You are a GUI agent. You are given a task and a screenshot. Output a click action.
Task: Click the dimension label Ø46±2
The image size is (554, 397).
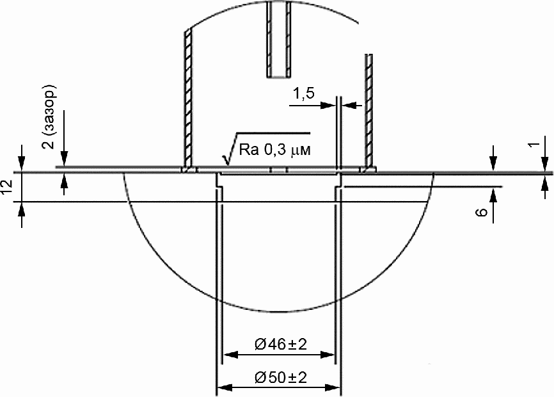[x=281, y=344]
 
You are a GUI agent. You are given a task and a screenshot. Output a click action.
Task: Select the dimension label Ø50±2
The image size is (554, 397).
[x=281, y=378]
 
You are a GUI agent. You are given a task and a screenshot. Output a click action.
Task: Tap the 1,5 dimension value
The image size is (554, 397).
[x=303, y=94]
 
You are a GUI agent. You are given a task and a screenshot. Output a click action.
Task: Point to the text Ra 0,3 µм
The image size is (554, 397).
[x=275, y=150]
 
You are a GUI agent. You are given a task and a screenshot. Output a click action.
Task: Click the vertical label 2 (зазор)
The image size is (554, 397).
[x=49, y=117]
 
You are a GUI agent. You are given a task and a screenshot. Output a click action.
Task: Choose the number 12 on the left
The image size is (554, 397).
[x=6, y=186]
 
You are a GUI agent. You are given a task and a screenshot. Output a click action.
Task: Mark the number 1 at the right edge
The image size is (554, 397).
[x=535, y=144]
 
